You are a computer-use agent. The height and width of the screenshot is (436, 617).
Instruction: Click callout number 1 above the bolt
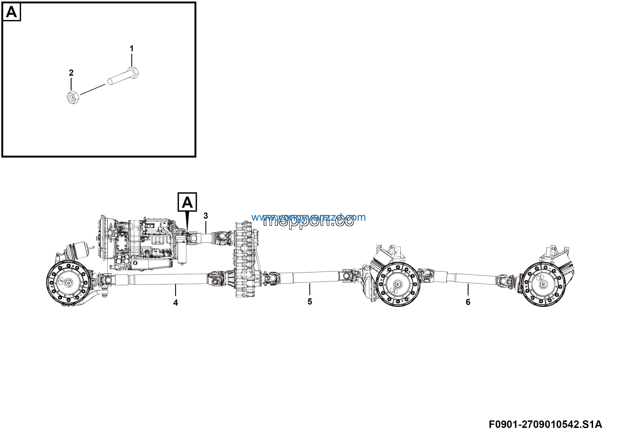[131, 49]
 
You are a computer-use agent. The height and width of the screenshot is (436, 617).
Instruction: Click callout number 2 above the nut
[71, 73]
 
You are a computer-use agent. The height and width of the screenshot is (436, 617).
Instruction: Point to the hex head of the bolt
[133, 72]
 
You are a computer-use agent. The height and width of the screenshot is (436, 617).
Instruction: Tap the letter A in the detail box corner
[11, 12]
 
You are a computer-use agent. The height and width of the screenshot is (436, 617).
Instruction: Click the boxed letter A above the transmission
[187, 202]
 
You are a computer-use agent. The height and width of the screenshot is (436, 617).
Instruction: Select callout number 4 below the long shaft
[175, 303]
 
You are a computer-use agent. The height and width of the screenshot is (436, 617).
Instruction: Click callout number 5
[310, 302]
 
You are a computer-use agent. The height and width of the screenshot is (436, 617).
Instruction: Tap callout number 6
[468, 302]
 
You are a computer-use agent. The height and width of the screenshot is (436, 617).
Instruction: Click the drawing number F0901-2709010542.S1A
[545, 424]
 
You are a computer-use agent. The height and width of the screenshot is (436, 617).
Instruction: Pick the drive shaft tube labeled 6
[470, 279]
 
